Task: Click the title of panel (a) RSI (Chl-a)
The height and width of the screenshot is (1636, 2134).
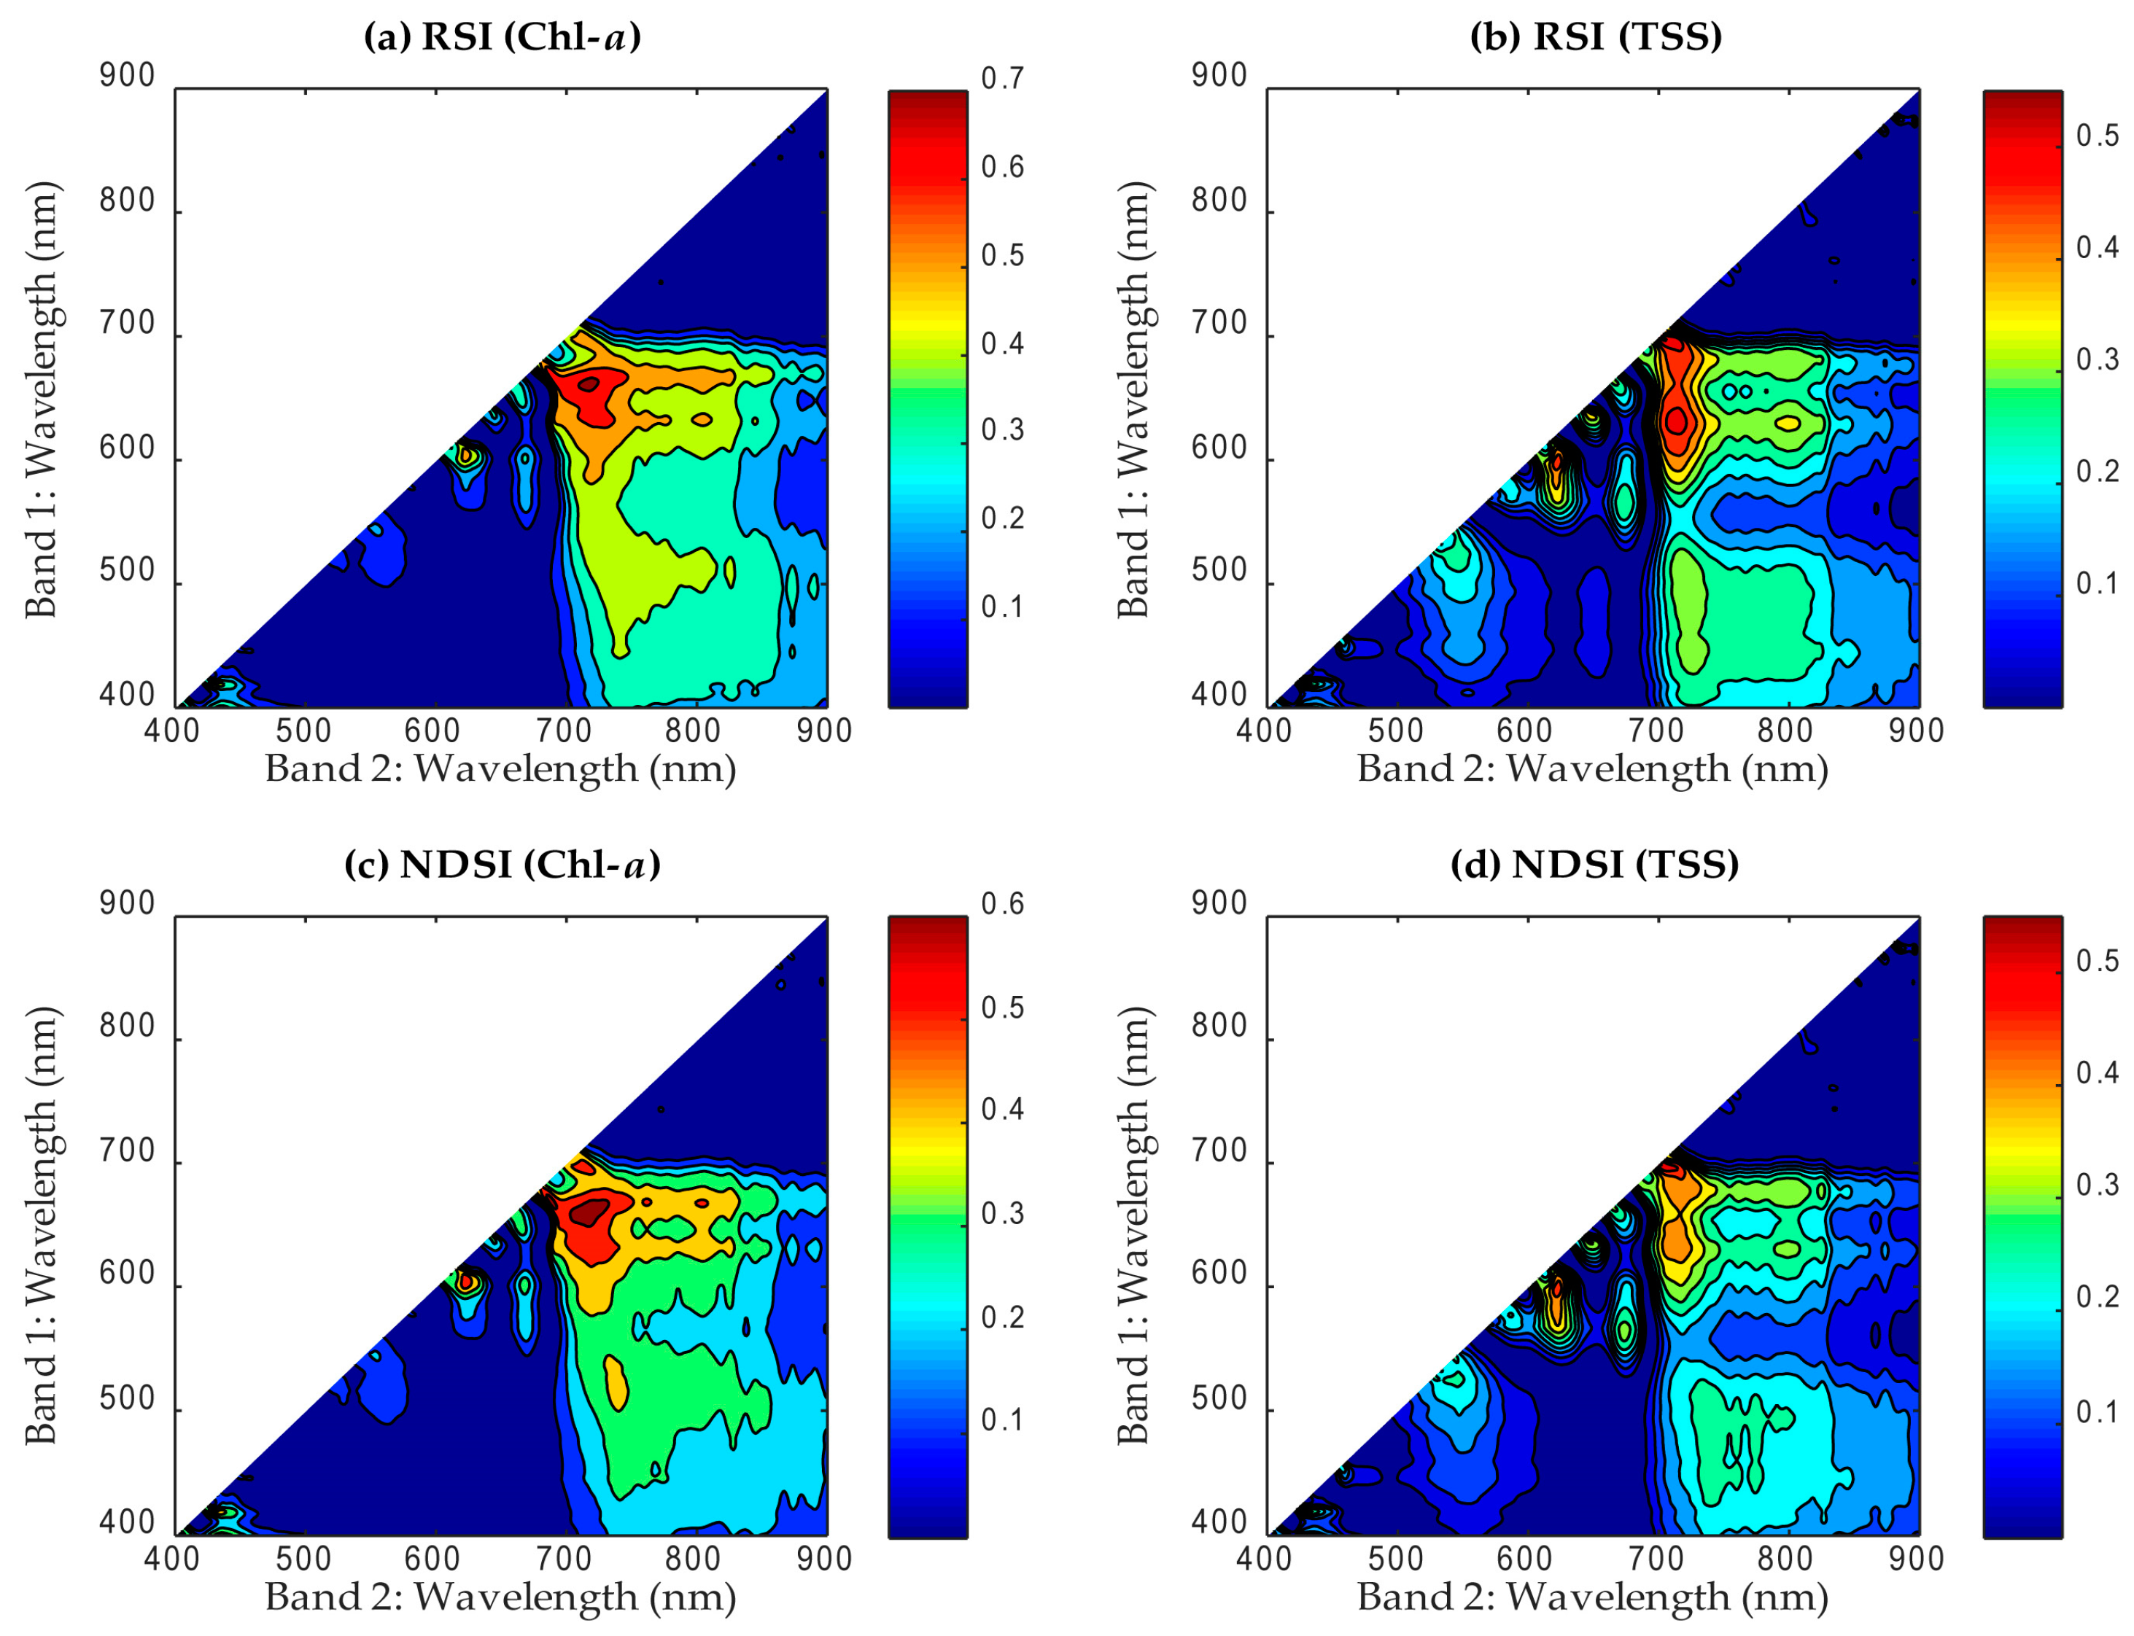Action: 502,37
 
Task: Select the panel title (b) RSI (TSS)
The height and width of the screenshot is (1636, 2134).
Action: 1595,37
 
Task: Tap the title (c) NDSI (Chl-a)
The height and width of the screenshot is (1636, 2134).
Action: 502,865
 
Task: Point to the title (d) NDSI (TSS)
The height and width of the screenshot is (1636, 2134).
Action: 1594,865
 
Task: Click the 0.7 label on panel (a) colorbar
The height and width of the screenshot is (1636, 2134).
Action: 1002,78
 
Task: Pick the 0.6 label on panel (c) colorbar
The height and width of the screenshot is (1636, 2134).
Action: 1002,905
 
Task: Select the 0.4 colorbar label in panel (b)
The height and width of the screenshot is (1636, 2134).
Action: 2097,247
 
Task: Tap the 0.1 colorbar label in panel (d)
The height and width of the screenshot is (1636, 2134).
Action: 2097,1412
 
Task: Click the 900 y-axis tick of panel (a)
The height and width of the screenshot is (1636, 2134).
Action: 127,76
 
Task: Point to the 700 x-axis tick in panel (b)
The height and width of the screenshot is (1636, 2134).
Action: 1656,731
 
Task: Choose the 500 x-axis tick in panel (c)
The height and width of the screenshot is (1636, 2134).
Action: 304,1559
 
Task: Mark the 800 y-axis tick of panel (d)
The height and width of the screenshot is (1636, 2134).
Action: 1219,1027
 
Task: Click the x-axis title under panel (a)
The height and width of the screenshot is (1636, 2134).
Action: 500,769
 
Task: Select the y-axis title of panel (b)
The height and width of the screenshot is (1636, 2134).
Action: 1133,400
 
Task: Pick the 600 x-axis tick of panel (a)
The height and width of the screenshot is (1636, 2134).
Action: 432,731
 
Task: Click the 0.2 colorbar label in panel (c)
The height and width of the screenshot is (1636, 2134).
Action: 1002,1317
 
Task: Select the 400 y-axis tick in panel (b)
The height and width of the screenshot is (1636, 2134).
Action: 1219,696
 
